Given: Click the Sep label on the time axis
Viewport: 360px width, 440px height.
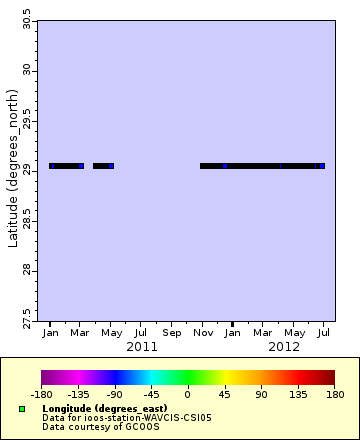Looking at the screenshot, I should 172,332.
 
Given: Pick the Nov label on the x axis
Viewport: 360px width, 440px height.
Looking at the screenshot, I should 203,332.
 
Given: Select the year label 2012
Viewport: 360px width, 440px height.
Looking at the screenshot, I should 284,346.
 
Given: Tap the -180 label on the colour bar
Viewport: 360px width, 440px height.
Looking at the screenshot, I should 42,394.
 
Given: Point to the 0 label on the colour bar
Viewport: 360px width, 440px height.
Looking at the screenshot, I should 188,394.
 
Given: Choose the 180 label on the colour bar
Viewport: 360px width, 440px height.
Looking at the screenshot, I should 334,394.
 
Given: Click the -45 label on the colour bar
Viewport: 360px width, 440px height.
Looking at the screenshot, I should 151,394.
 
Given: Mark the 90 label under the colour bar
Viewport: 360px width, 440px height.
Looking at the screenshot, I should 261,394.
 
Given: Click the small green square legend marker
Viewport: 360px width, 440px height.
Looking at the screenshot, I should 21,409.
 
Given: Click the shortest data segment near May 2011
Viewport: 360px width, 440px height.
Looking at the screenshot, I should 103,166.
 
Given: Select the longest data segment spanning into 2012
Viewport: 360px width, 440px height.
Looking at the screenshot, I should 262,166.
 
